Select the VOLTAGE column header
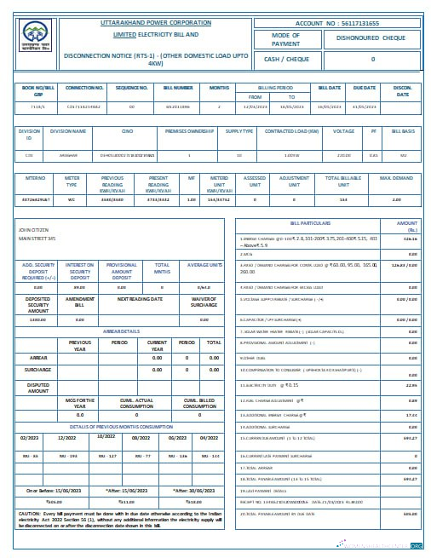point(343,131)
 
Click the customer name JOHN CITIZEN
point(33,230)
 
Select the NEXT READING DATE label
point(139,300)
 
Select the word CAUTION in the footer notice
point(28,514)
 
